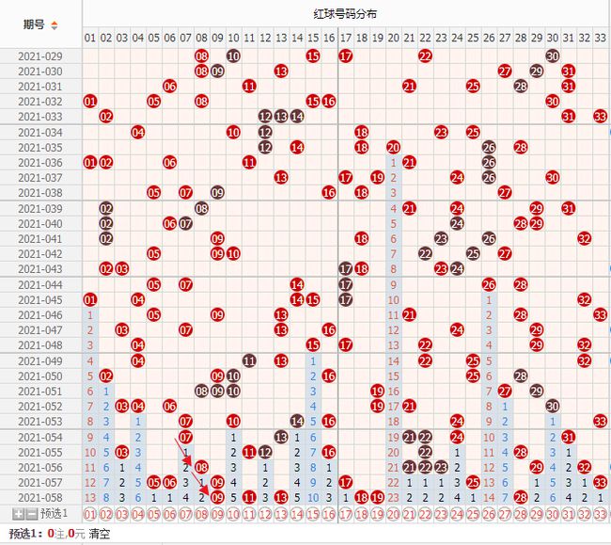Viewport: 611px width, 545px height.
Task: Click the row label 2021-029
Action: point(39,56)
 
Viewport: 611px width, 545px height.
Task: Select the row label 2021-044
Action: point(39,284)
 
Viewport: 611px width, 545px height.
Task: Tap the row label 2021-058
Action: point(39,497)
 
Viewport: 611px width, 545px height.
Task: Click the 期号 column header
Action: point(34,24)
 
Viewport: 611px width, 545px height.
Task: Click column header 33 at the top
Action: point(600,38)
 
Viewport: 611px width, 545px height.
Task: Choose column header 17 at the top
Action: point(345,38)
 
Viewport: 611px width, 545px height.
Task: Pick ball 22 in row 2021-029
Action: point(425,56)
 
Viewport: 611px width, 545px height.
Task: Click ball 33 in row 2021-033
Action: point(600,117)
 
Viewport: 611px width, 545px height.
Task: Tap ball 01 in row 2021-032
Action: point(90,102)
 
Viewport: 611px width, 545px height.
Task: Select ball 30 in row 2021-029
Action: point(553,56)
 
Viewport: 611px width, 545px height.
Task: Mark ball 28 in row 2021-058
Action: point(521,497)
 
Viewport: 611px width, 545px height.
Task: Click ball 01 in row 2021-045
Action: point(90,299)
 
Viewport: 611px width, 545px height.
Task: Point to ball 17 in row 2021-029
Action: point(345,56)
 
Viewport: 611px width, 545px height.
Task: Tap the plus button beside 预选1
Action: point(18,513)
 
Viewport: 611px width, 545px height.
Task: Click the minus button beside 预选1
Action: point(31,513)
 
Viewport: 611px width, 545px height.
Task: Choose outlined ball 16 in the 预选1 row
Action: point(329,514)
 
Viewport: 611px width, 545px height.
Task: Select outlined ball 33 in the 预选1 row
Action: point(600,514)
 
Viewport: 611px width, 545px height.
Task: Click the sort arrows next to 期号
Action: point(54,24)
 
